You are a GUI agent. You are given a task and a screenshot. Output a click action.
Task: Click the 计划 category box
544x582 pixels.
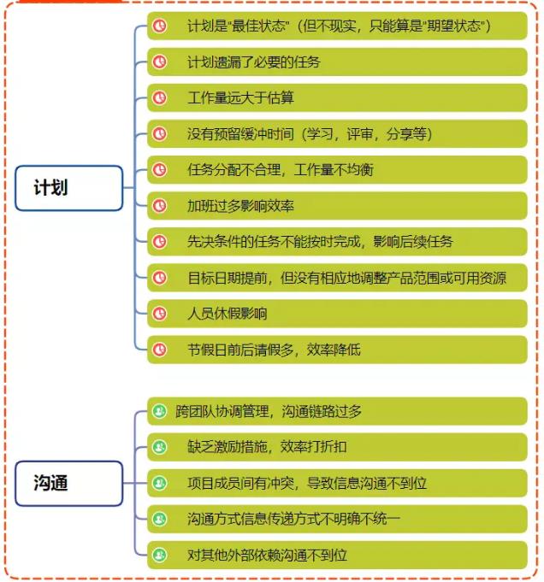(69, 188)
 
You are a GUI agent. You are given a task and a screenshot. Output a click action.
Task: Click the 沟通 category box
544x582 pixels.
(69, 483)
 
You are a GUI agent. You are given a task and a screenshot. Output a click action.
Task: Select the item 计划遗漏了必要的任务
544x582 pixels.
(337, 62)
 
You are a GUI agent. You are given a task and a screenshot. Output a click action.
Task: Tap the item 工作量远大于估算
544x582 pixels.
(337, 98)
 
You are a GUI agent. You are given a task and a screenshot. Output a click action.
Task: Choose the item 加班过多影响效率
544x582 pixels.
(337, 206)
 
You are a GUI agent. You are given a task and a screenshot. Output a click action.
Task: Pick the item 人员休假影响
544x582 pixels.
(337, 314)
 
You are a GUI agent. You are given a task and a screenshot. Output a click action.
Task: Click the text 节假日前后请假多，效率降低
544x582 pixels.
(274, 350)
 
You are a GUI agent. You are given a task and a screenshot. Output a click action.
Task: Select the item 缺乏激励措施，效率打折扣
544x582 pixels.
(337, 447)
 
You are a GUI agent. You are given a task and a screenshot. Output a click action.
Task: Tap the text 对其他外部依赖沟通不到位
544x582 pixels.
(267, 556)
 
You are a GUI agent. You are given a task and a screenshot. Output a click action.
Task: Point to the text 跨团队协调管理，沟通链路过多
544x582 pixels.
(269, 411)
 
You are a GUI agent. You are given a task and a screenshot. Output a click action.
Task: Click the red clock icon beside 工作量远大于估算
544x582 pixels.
(160, 98)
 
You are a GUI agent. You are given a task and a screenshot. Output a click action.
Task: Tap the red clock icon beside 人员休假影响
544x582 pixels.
(160, 314)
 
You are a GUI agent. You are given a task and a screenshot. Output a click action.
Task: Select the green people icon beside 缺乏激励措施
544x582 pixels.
(160, 447)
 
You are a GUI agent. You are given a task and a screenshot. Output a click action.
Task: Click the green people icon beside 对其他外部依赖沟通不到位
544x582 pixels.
(160, 556)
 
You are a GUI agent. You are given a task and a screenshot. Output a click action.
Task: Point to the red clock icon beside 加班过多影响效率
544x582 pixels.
(160, 206)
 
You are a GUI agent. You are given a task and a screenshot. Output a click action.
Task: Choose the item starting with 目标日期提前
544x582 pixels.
(337, 278)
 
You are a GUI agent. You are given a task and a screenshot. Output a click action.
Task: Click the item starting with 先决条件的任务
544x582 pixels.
(337, 242)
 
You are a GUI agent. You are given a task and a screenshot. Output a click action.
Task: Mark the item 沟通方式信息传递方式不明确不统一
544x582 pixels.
(337, 520)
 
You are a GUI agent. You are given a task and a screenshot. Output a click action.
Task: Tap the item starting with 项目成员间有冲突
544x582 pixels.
(337, 483)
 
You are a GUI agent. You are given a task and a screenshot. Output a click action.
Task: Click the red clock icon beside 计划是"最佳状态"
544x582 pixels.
(160, 26)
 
